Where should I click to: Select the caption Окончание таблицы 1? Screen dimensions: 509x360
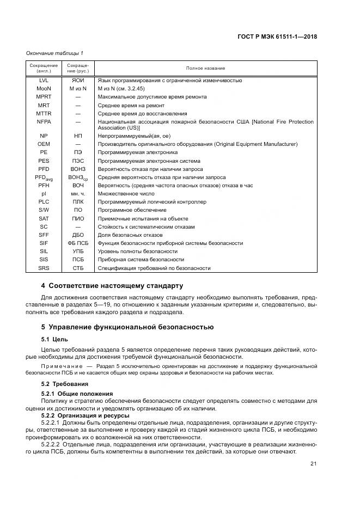[54, 53]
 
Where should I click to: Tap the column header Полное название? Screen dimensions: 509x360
[205, 68]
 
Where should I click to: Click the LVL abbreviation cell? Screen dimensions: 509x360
[44, 80]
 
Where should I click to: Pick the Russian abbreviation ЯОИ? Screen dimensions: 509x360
[78, 80]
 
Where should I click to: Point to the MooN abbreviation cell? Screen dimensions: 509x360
[44, 88]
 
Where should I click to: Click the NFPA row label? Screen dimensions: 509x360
[44, 121]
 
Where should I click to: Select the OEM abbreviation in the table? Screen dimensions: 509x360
[44, 144]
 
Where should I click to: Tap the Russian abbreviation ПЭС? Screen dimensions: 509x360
[78, 161]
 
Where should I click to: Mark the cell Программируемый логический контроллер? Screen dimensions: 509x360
[152, 202]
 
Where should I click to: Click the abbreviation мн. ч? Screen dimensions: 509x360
[78, 194]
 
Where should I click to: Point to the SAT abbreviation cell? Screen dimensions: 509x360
[44, 219]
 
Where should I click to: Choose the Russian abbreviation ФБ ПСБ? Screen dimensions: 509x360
[78, 243]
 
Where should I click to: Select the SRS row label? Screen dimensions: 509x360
[44, 268]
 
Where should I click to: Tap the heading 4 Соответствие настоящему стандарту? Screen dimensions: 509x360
[112, 286]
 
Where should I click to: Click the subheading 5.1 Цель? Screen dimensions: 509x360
[55, 339]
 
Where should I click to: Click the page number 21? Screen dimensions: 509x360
[314, 463]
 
